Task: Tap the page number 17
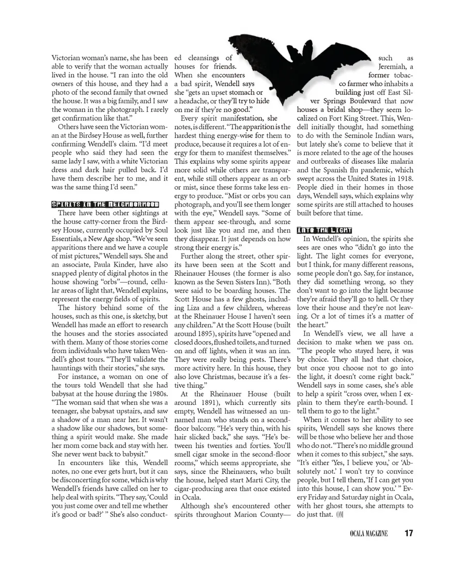tap(409, 533)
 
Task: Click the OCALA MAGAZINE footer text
tap(369, 534)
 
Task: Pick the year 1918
tap(403, 179)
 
